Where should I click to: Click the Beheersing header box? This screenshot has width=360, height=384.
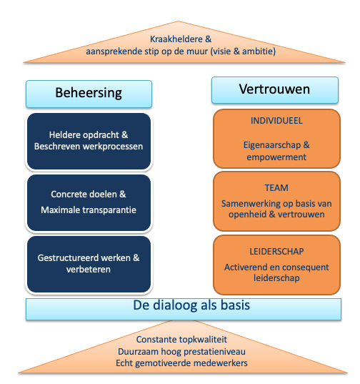89,94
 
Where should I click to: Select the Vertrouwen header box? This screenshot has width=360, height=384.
275,90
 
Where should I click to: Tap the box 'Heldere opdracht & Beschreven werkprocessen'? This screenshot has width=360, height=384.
89,141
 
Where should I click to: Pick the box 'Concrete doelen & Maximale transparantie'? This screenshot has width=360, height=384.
89,203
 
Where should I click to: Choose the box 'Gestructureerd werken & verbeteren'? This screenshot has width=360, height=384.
89,265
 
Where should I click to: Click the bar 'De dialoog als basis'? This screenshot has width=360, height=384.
183,307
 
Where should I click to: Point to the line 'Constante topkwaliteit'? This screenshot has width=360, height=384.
183,339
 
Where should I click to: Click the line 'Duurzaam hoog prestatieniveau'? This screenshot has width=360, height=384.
183,350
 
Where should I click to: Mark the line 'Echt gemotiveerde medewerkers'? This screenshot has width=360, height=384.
183,362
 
